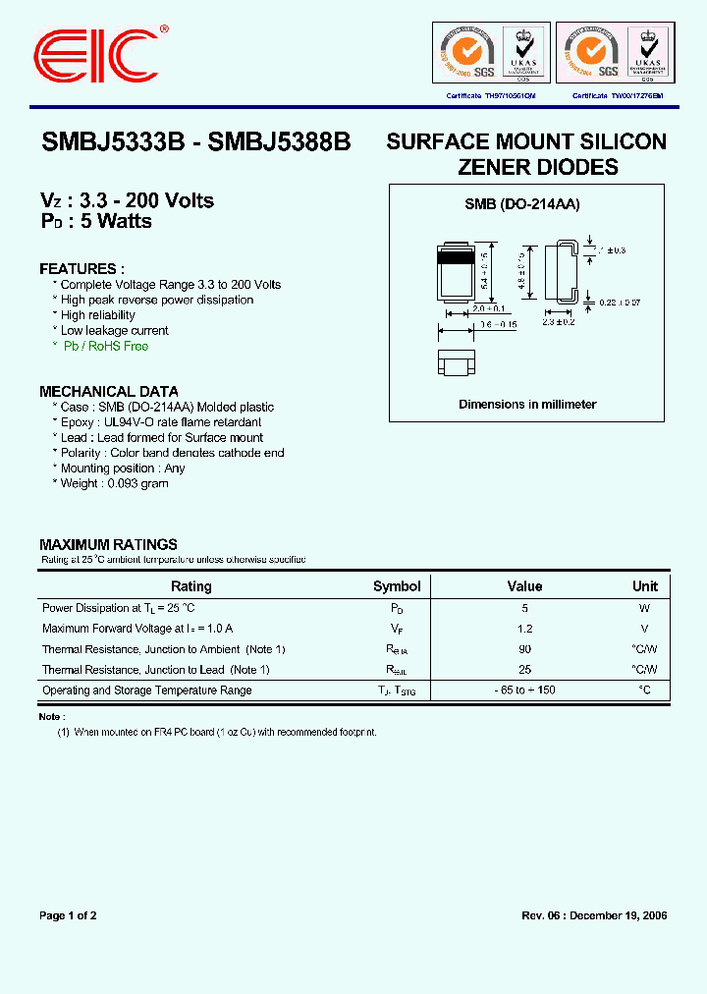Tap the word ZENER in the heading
click(x=500, y=168)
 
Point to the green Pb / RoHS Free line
click(x=105, y=347)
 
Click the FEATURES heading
click(x=82, y=269)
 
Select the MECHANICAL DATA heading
click(x=109, y=391)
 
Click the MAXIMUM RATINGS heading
click(x=108, y=544)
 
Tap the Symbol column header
click(x=397, y=586)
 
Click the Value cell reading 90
click(x=524, y=649)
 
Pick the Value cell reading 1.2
click(x=524, y=629)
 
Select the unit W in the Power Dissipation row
click(x=644, y=608)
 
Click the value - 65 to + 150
click(x=524, y=690)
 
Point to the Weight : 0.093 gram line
click(x=114, y=483)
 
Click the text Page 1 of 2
click(x=68, y=915)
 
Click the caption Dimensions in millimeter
click(x=527, y=405)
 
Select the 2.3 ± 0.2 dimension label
click(x=558, y=322)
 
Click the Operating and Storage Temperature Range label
click(x=146, y=690)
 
